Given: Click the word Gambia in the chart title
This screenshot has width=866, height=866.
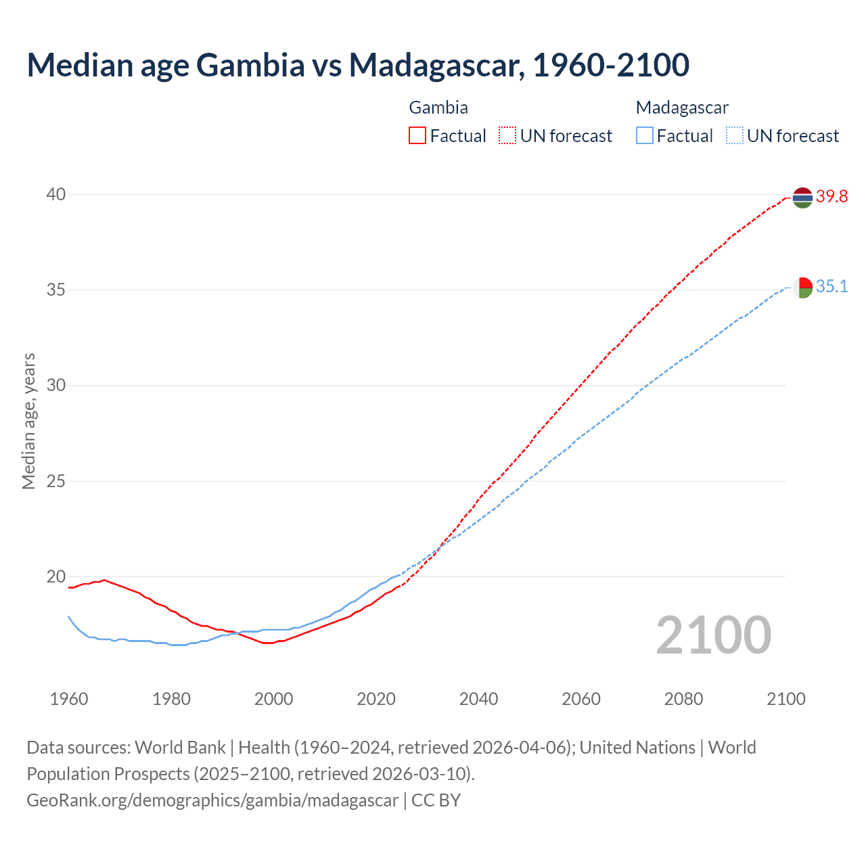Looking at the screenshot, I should click(x=250, y=66).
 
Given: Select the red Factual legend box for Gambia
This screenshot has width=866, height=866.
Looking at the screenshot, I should click(x=417, y=136).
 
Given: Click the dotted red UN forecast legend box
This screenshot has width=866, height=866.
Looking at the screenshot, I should click(x=507, y=136).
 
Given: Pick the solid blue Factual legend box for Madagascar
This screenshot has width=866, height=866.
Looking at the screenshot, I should click(x=645, y=136).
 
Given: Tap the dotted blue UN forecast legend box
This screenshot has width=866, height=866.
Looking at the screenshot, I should click(x=735, y=136).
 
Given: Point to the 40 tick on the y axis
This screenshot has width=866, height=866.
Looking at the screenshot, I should click(x=55, y=195).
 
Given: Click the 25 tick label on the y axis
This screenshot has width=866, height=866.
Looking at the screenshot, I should click(x=55, y=482).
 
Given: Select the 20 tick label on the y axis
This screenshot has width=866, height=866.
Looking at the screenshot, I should click(x=55, y=577).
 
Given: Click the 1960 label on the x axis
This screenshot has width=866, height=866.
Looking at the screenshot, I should click(x=69, y=699).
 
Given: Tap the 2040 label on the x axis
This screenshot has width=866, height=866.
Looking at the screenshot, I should click(x=478, y=699).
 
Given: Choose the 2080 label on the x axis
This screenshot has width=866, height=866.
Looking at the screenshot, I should click(x=683, y=699).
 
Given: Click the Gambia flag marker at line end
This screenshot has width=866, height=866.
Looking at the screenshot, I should click(x=802, y=198).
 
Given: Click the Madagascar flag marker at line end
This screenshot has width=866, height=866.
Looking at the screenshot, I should click(x=802, y=288).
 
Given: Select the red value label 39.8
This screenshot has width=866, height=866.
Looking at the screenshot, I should click(x=831, y=197).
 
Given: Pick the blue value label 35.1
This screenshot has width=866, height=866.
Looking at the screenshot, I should click(x=831, y=287).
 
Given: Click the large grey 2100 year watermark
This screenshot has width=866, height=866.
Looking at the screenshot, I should click(x=713, y=635).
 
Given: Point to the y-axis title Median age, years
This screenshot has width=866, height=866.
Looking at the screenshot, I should click(x=28, y=421).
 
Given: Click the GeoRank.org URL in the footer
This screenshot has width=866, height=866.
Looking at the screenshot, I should click(x=212, y=800).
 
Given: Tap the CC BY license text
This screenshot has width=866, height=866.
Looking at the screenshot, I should click(x=436, y=800).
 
